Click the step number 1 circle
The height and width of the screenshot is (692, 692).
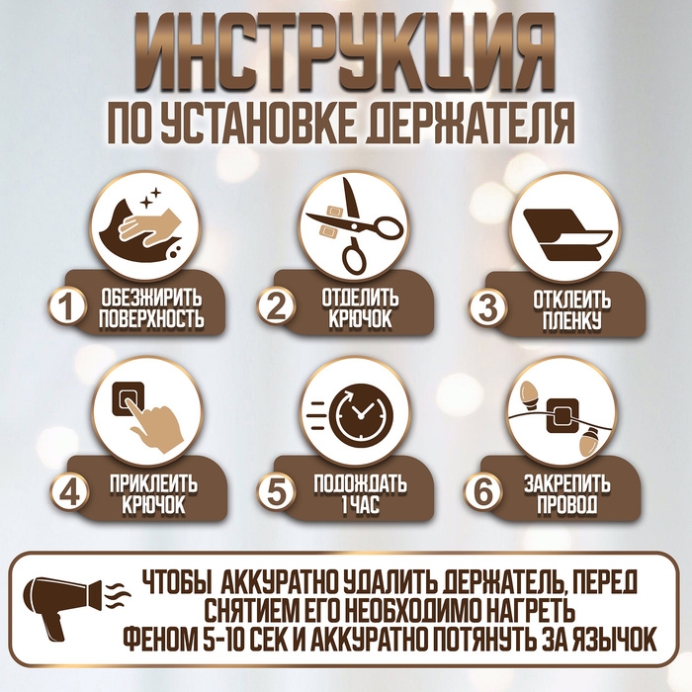pyautogui.click(x=66, y=307)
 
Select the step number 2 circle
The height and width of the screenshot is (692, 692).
pyautogui.click(x=275, y=307)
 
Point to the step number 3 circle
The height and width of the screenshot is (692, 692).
pyautogui.click(x=485, y=307)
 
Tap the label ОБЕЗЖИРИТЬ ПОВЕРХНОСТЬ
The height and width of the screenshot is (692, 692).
pyautogui.click(x=152, y=307)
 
